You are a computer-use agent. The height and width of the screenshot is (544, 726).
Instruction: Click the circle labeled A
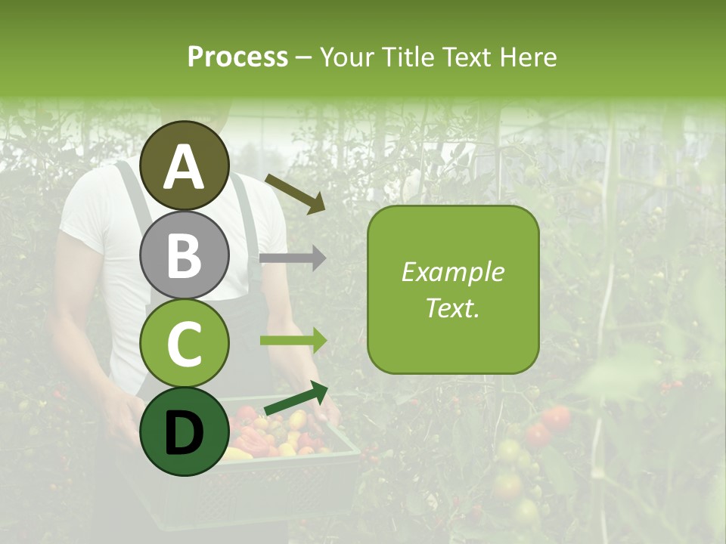coord(185,165)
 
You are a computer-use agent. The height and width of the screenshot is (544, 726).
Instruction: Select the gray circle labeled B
coord(185,255)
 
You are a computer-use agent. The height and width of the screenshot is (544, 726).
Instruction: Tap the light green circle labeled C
coord(185,343)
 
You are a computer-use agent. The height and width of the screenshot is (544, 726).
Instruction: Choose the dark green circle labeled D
coord(185,431)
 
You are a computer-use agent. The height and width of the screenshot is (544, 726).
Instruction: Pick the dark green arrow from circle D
coord(296,399)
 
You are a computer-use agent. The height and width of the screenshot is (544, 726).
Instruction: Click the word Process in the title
coord(237,57)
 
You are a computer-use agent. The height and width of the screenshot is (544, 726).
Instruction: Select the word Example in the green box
coord(452,272)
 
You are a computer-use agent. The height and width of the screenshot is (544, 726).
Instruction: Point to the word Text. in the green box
coord(452,308)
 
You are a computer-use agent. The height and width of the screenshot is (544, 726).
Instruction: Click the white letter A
coord(185,167)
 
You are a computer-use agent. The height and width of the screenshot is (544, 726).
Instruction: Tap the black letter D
coord(184,433)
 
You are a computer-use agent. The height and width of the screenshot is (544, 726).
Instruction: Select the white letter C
coord(185,344)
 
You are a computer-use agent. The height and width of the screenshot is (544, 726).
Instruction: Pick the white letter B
coord(185,255)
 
